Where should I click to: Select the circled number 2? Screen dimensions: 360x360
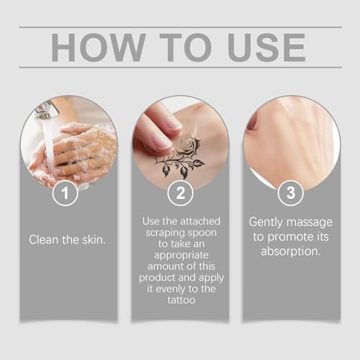click(x=180, y=192)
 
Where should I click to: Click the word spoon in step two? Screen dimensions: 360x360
click(x=207, y=235)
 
